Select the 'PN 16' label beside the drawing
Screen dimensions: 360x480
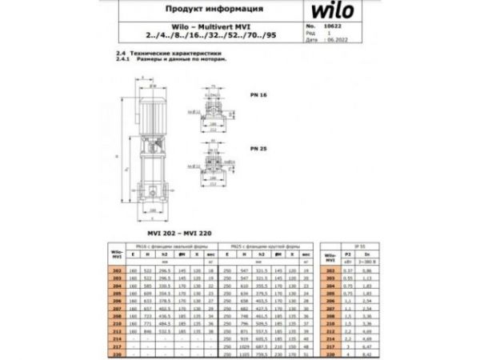(258, 94)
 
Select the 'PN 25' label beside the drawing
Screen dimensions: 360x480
(258, 149)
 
